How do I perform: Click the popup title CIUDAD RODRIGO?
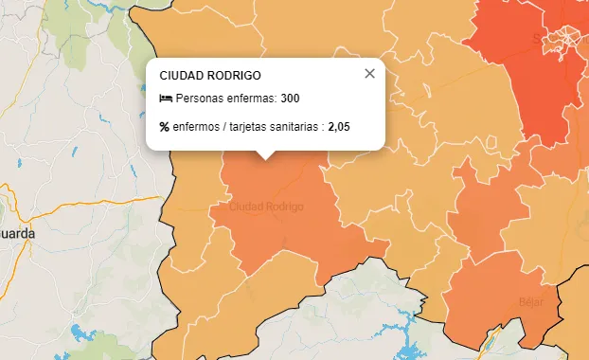[x=210, y=75]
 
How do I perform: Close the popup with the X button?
[x=369, y=74]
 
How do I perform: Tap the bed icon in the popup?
[x=166, y=99]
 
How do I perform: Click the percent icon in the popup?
[x=165, y=127]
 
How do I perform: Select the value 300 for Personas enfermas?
[x=290, y=99]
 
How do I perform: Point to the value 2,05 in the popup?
[x=339, y=127]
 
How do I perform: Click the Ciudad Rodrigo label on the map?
[x=266, y=207]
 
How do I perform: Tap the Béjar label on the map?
[x=530, y=302]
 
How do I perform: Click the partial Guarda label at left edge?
[x=17, y=233]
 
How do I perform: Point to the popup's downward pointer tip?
[x=266, y=158]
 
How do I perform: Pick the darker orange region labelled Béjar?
[x=492, y=303]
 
